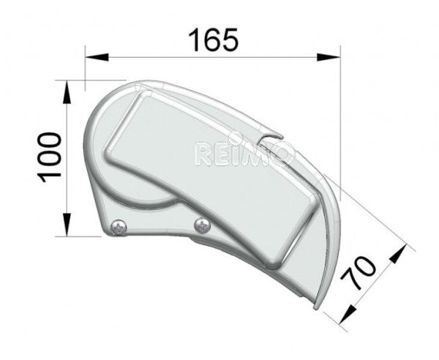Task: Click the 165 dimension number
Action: coord(214,40)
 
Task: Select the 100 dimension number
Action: coord(49,157)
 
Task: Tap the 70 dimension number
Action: coord(360,273)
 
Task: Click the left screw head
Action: coord(119,228)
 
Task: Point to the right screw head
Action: coord(202,225)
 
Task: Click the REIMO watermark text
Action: coord(242,154)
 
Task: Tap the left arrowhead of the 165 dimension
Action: coord(97,57)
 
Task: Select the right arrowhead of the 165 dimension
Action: coord(329,57)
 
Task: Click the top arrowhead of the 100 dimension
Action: coord(67,92)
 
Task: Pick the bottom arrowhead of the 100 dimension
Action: coord(67,225)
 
